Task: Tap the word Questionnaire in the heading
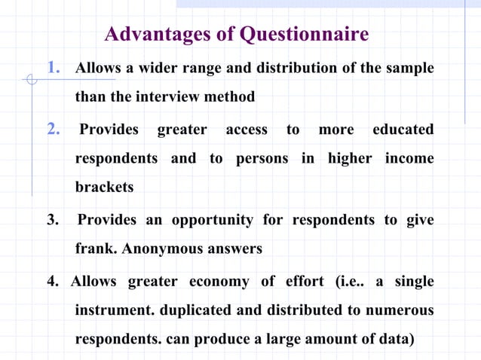(304, 35)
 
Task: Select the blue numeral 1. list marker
(54, 69)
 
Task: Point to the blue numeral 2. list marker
(54, 130)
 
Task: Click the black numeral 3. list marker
(54, 220)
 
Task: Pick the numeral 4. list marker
(54, 282)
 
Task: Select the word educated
(403, 130)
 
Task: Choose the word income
(409, 158)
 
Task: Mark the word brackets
(104, 188)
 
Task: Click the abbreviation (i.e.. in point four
(345, 282)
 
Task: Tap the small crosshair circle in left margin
(31, 78)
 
